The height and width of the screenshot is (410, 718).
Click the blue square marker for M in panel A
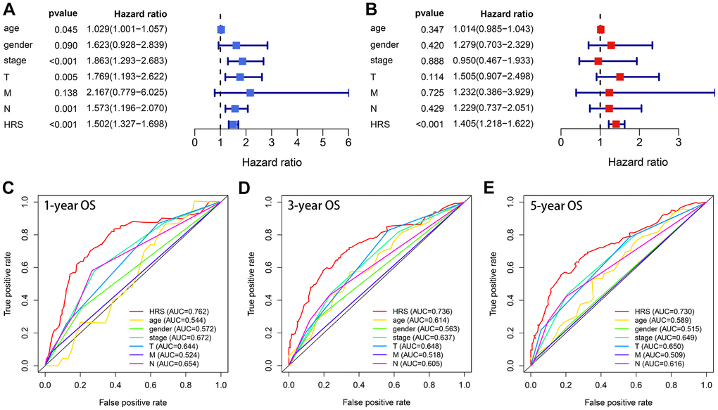pyautogui.click(x=250, y=92)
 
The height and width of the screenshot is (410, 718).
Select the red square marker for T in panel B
pyautogui.click(x=619, y=77)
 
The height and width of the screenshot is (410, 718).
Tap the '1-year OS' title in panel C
pyautogui.click(x=73, y=207)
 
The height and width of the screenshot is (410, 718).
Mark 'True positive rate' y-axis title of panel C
pyautogui.click(x=9, y=283)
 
